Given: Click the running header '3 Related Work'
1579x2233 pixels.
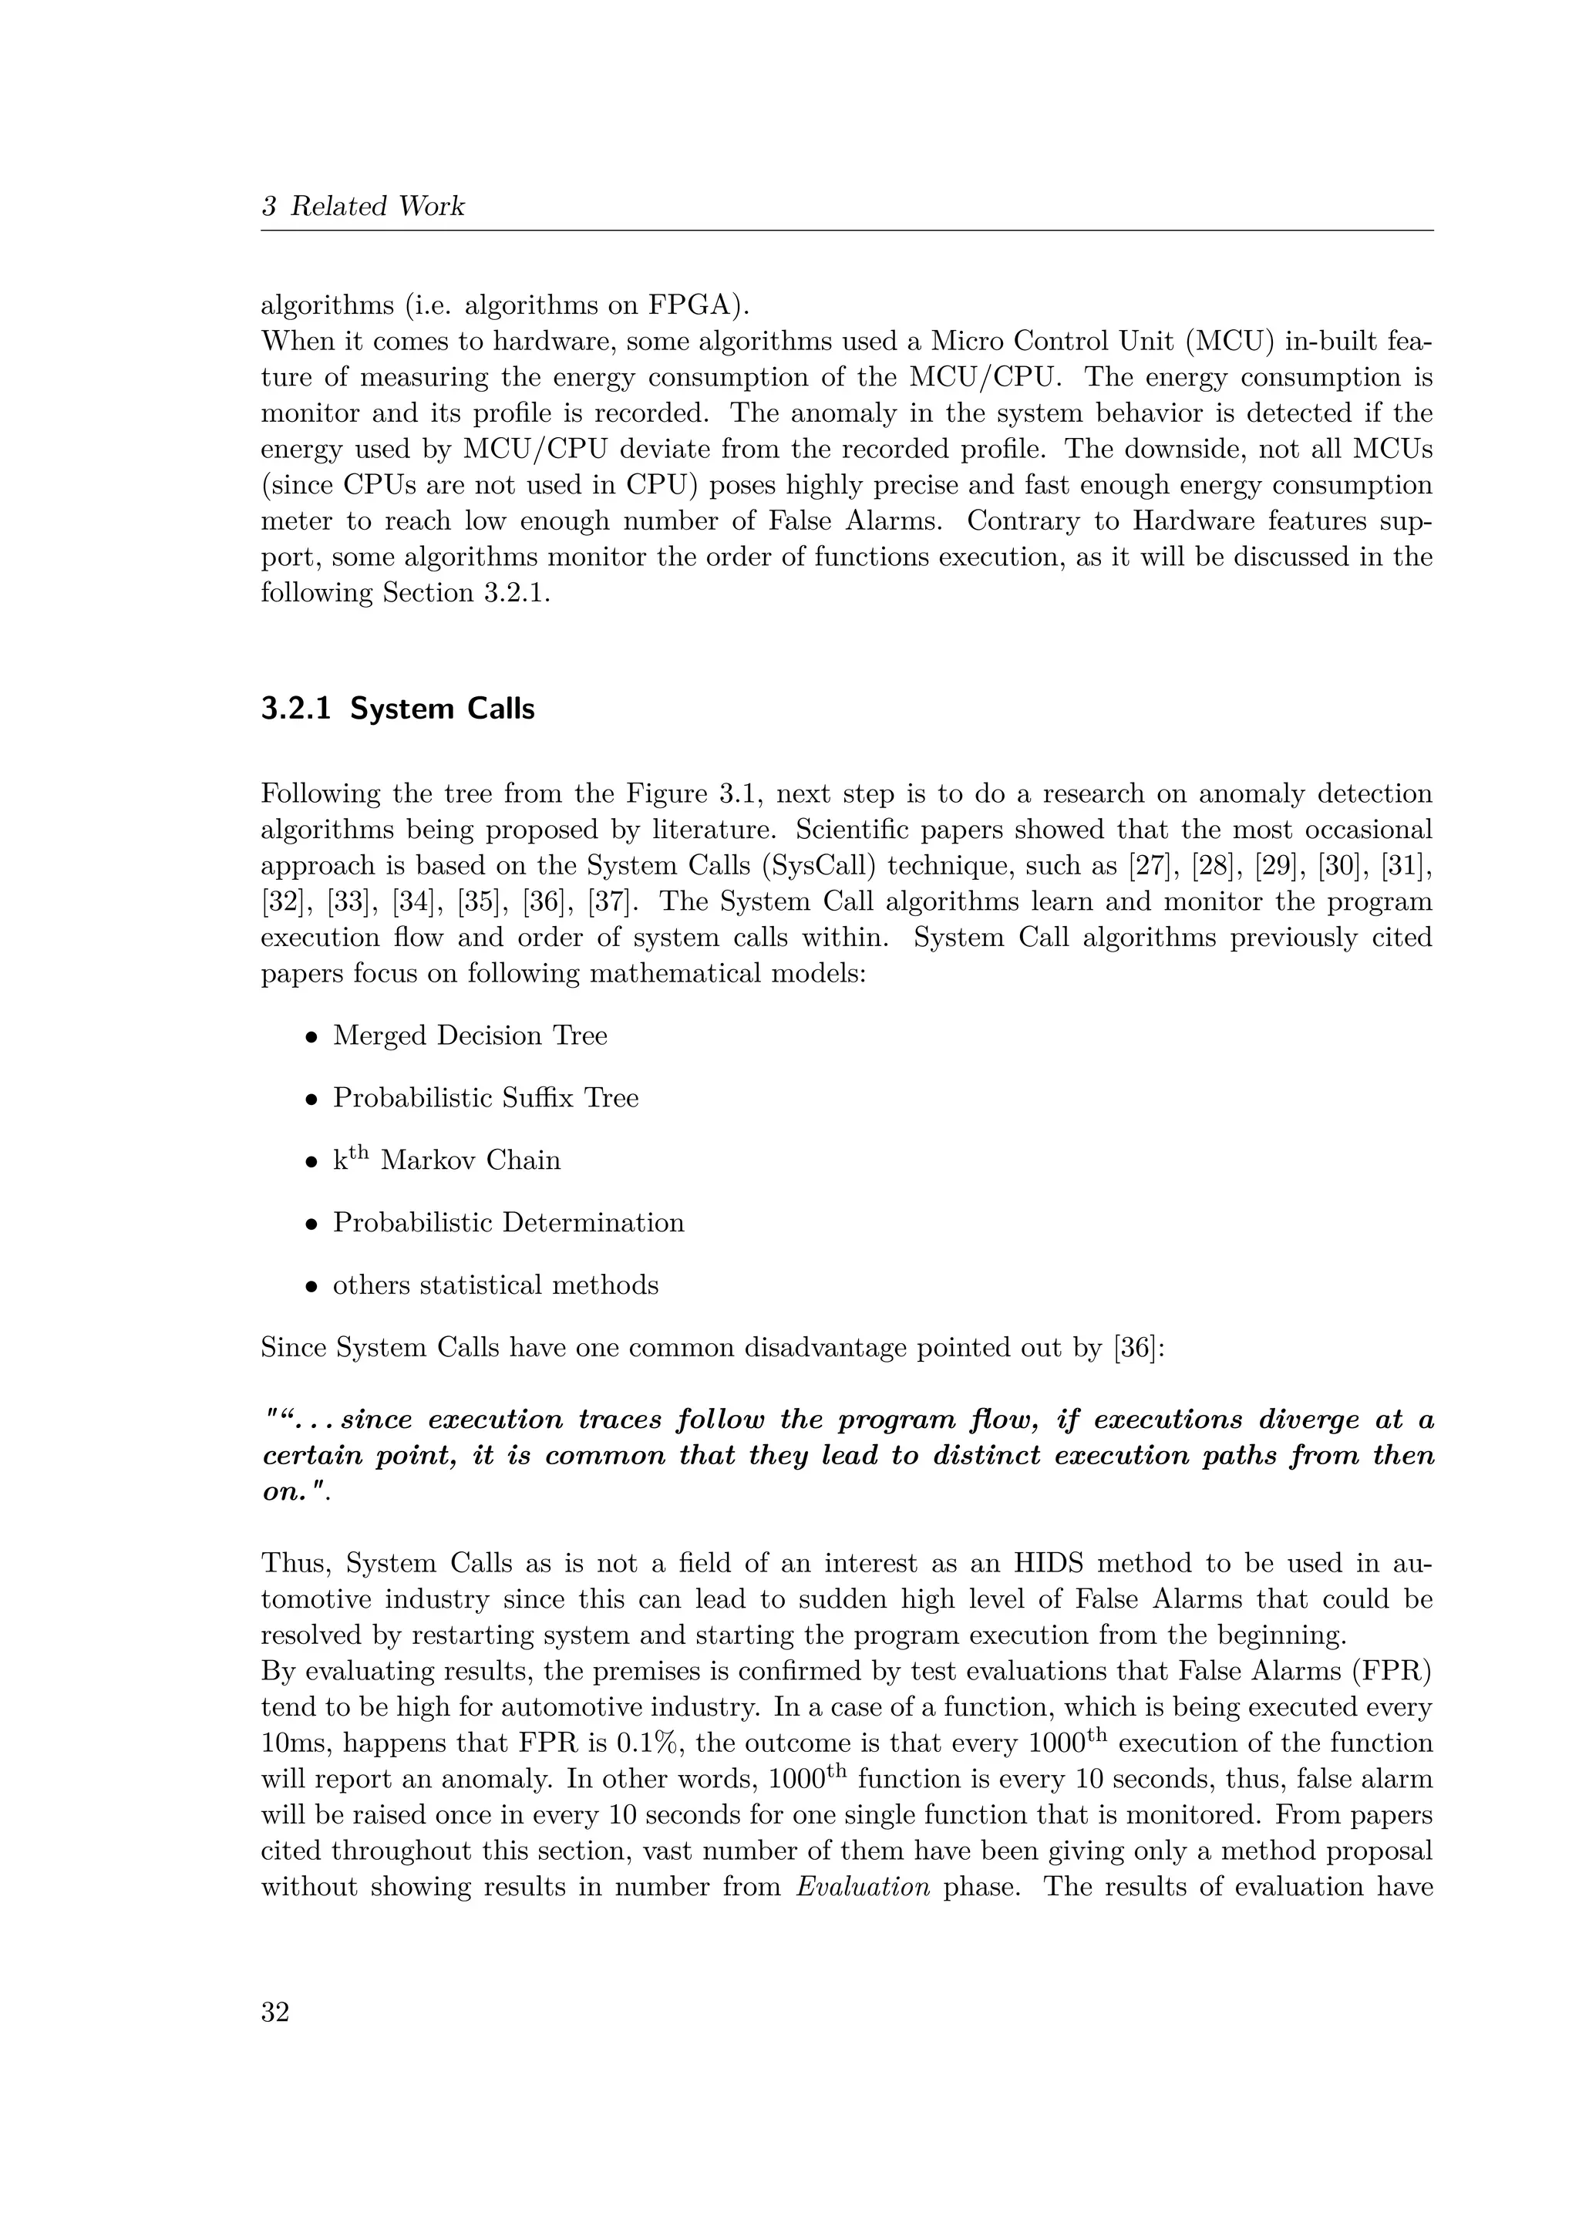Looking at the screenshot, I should (x=362, y=206).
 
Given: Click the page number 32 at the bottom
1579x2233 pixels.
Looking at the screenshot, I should (x=275, y=2011).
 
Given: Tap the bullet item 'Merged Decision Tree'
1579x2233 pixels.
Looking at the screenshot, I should (x=470, y=1036).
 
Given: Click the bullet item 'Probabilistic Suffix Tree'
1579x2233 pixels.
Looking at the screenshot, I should (x=485, y=1098).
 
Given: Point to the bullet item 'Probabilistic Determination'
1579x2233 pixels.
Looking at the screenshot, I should (x=509, y=1222).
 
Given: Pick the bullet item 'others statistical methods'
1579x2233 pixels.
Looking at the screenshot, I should (x=495, y=1285).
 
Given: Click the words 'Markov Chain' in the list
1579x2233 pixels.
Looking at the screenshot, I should (x=470, y=1161).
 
